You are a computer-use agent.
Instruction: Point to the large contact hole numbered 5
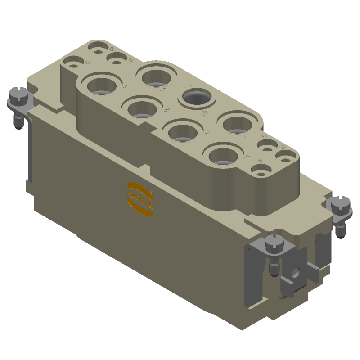tap(156, 76)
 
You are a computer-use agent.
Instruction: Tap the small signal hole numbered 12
tap(260, 172)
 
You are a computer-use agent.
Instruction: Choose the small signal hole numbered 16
tap(285, 156)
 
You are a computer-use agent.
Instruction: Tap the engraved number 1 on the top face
tap(126, 86)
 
